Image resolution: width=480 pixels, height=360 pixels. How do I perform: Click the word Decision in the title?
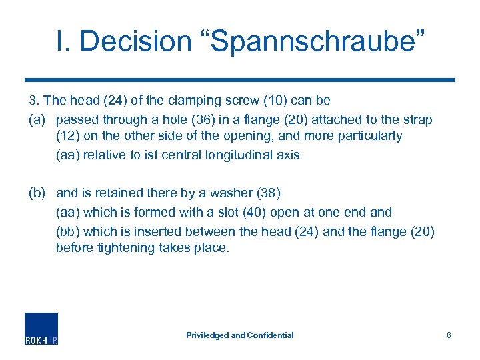click(x=134, y=41)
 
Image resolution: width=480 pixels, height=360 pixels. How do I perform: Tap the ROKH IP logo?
click(x=41, y=328)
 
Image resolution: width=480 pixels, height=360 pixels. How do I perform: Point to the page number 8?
click(x=449, y=335)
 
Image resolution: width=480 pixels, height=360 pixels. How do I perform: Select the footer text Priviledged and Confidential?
click(x=239, y=335)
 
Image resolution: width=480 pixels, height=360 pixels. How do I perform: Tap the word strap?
click(x=418, y=120)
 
